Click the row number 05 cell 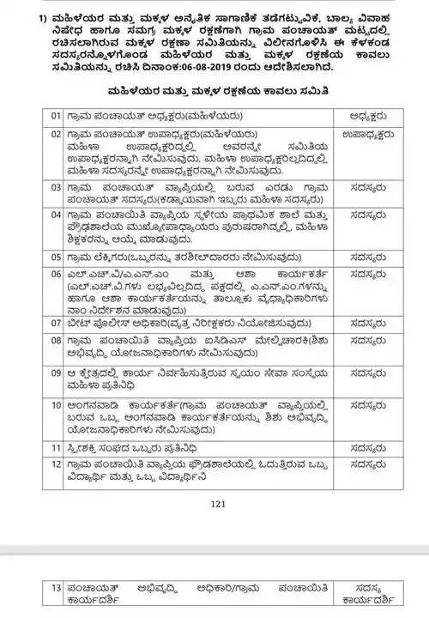click(56, 257)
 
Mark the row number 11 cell click(56, 447)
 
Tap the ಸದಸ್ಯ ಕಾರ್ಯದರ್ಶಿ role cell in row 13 click(366, 593)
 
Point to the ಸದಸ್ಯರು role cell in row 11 click(366, 447)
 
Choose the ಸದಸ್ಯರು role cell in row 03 click(366, 185)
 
